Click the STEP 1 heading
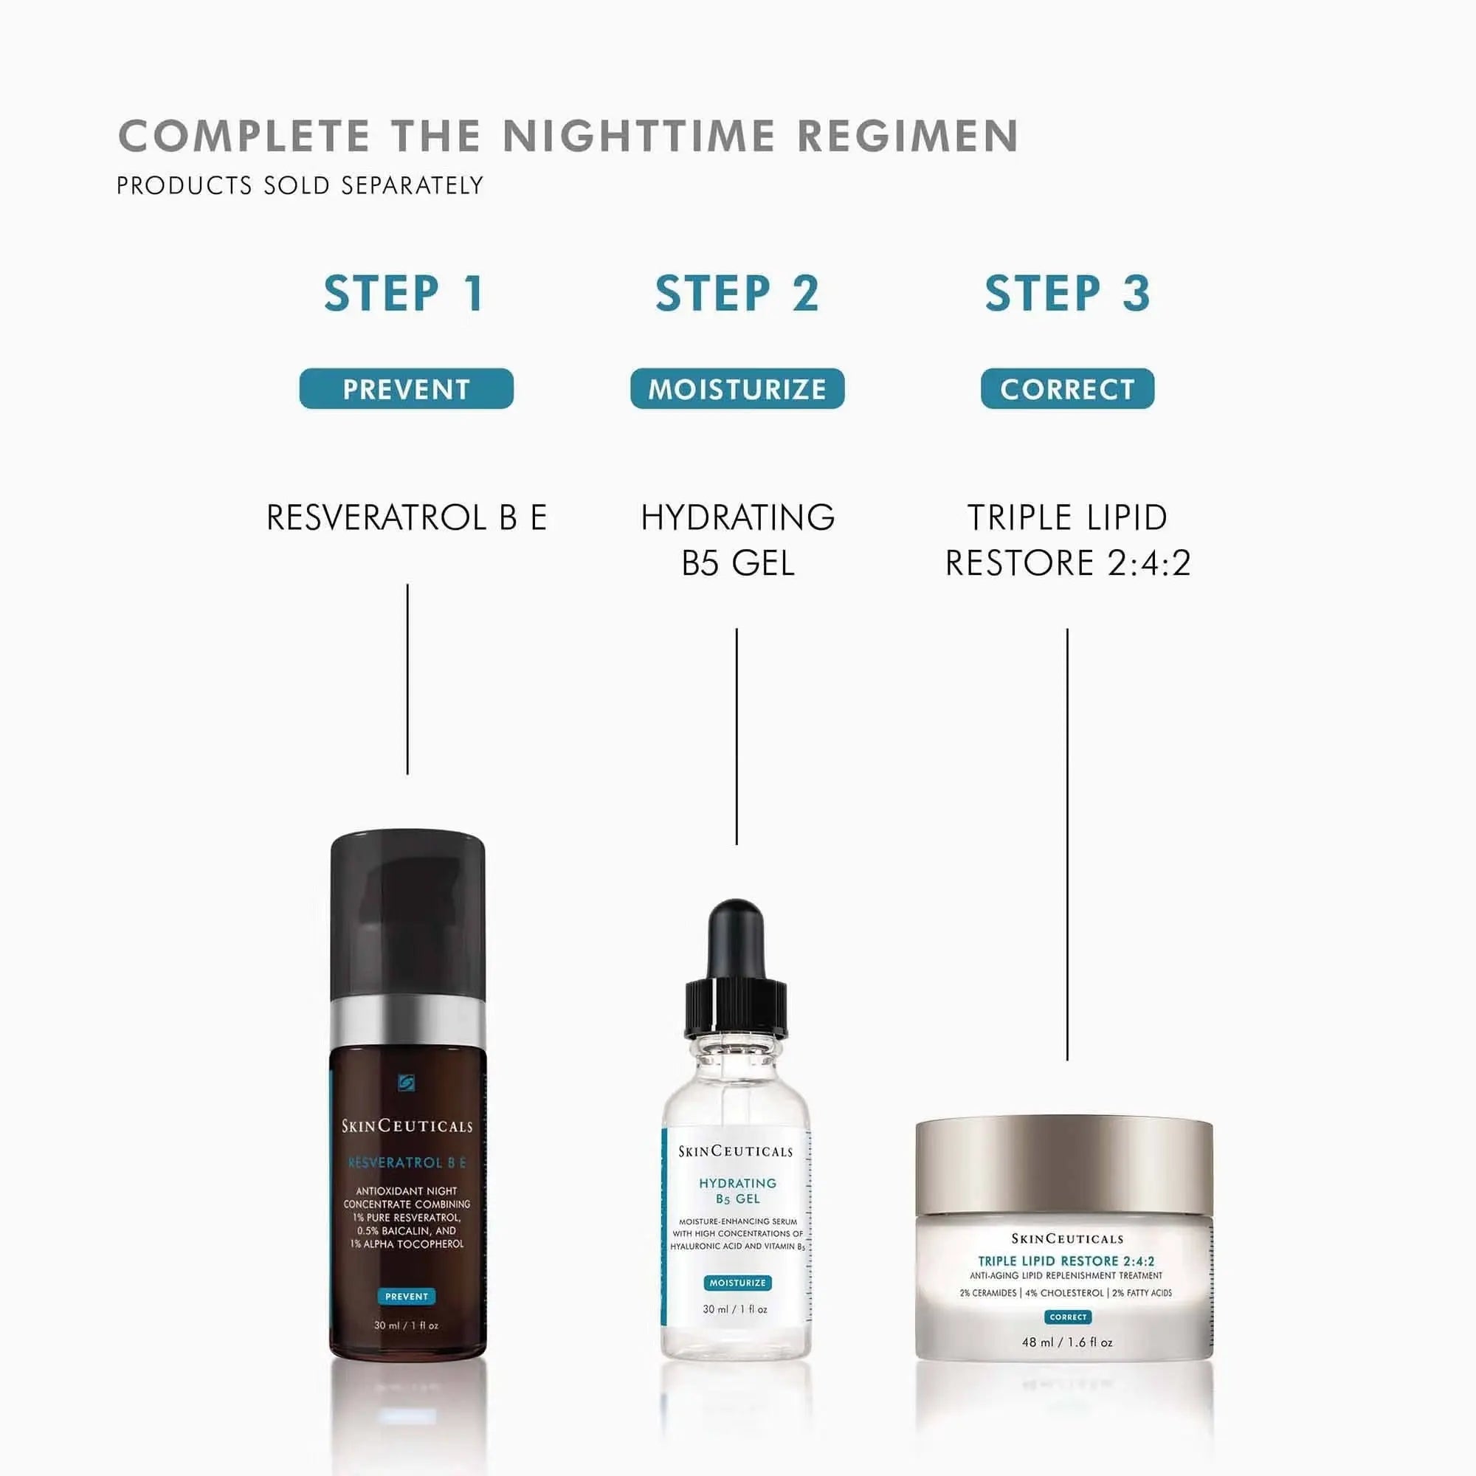point(405,294)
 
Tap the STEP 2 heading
point(737,294)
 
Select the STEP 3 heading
point(1067,294)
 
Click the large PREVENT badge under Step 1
point(407,389)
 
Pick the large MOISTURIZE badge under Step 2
point(737,389)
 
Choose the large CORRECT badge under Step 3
point(1067,389)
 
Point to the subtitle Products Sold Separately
point(300,186)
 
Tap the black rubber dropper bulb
point(737,937)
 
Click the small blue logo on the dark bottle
point(407,1083)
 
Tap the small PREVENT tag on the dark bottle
point(407,1297)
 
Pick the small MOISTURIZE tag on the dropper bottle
point(737,1283)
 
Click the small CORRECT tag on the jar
point(1067,1317)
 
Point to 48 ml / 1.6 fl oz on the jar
point(1067,1342)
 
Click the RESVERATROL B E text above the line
point(407,518)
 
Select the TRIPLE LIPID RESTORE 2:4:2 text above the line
point(1067,540)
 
